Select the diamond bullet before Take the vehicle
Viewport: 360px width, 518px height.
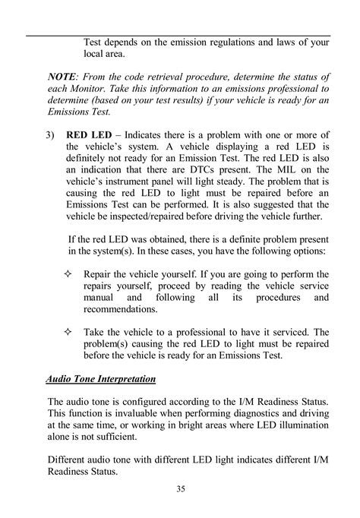[69, 332]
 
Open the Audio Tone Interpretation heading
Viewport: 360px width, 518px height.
[101, 378]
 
